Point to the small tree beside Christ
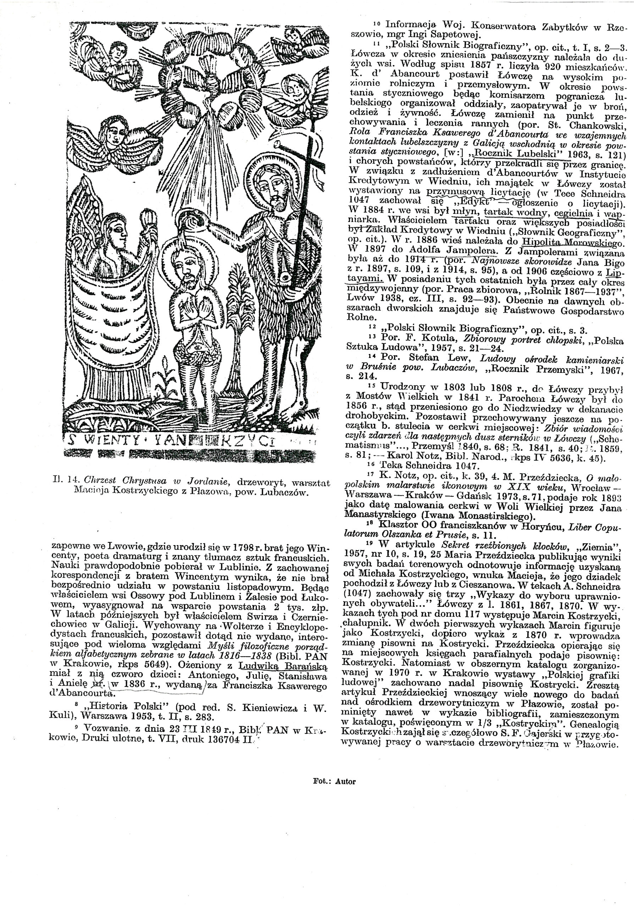235,312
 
